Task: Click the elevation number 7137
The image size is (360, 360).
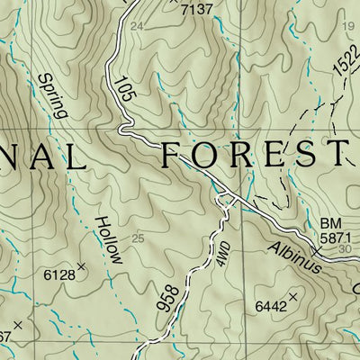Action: [x=198, y=10]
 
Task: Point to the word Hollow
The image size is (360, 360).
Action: [x=109, y=239]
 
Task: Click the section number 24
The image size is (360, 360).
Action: [x=137, y=27]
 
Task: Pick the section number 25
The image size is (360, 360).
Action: [x=138, y=238]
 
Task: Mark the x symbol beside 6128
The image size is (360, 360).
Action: [x=81, y=266]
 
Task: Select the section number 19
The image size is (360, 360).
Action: [x=348, y=27]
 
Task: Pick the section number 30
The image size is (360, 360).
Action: [x=347, y=249]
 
